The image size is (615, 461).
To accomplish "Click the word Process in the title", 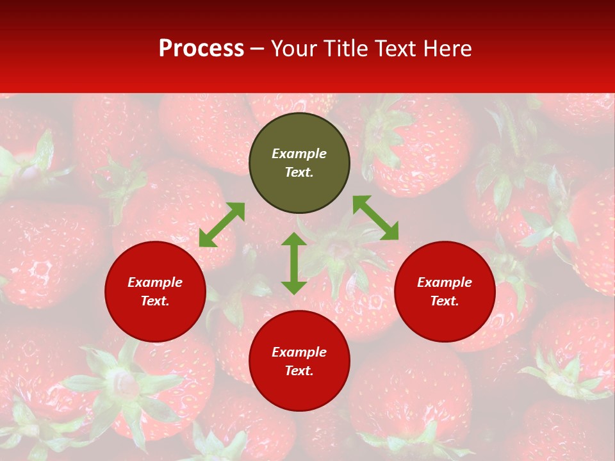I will [x=201, y=48].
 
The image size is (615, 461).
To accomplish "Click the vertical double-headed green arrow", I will [x=294, y=263].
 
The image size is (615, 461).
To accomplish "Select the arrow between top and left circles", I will [x=222, y=225].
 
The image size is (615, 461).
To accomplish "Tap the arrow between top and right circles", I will [x=375, y=218].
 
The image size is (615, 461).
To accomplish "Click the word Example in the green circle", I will [x=299, y=154].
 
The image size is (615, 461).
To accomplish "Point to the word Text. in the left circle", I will [x=155, y=301].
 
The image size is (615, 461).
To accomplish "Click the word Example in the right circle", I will [x=445, y=282].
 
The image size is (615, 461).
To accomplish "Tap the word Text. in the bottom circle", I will [x=299, y=371].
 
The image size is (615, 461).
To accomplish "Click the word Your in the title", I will [x=293, y=48].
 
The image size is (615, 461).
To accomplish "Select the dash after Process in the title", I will [x=258, y=49].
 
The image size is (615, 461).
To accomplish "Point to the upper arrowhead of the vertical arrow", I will [x=294, y=239].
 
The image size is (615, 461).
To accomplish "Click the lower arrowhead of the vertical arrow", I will [x=294, y=287].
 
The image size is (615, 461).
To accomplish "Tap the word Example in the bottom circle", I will [x=299, y=352].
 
